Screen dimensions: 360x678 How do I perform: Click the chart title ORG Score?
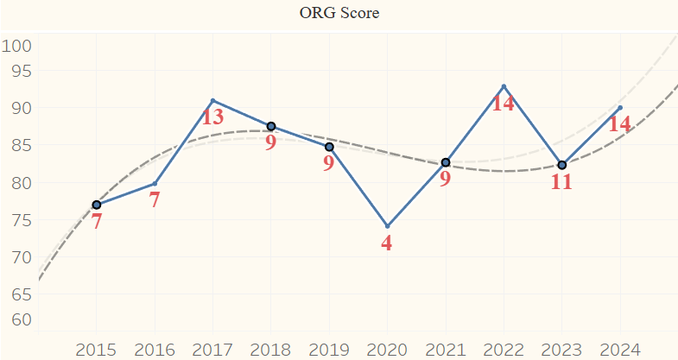tap(339, 13)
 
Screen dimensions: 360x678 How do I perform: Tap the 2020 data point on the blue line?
tap(387, 226)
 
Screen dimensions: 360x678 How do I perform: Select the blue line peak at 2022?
tap(504, 86)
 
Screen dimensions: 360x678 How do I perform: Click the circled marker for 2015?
tap(96, 205)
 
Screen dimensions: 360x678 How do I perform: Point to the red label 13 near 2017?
tap(212, 117)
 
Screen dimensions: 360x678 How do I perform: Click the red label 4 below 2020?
tap(386, 243)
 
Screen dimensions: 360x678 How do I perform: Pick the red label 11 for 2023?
tap(561, 182)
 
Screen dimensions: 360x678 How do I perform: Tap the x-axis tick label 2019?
tap(328, 350)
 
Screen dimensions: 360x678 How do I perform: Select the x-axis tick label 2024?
tap(619, 350)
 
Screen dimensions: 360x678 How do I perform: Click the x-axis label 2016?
tap(154, 350)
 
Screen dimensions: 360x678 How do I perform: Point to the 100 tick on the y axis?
tap(16, 46)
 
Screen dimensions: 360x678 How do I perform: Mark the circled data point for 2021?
tap(446, 162)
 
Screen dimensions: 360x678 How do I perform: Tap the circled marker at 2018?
tap(270, 126)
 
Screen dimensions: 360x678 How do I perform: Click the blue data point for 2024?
tap(620, 108)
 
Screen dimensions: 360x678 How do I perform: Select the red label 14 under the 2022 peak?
tap(504, 104)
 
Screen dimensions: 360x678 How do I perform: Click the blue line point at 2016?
tap(155, 183)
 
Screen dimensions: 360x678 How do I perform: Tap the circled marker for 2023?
tap(561, 165)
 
